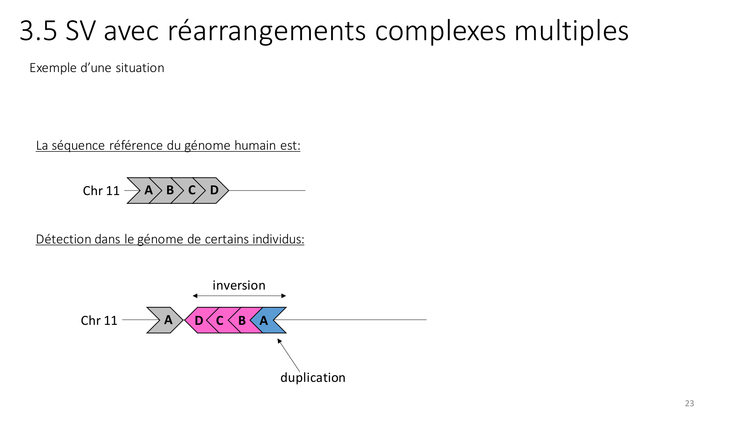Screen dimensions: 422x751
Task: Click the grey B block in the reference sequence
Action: point(170,191)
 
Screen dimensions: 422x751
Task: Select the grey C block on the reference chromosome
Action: point(192,191)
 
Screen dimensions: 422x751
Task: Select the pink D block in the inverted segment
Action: point(199,320)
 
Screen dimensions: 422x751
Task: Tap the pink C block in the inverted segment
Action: point(220,320)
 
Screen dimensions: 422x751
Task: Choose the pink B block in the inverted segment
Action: point(242,320)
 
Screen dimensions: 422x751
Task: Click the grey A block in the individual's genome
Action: point(167,320)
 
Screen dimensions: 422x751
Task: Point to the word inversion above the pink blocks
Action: point(239,285)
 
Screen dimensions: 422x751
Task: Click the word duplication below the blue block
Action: point(313,378)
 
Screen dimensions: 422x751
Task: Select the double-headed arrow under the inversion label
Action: point(239,296)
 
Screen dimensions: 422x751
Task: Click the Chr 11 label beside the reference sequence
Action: point(101,191)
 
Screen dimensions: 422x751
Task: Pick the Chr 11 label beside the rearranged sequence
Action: point(99,321)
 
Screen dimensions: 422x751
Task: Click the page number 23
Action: point(689,404)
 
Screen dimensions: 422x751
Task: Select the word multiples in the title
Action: point(571,31)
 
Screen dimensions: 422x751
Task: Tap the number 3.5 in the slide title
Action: point(38,31)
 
